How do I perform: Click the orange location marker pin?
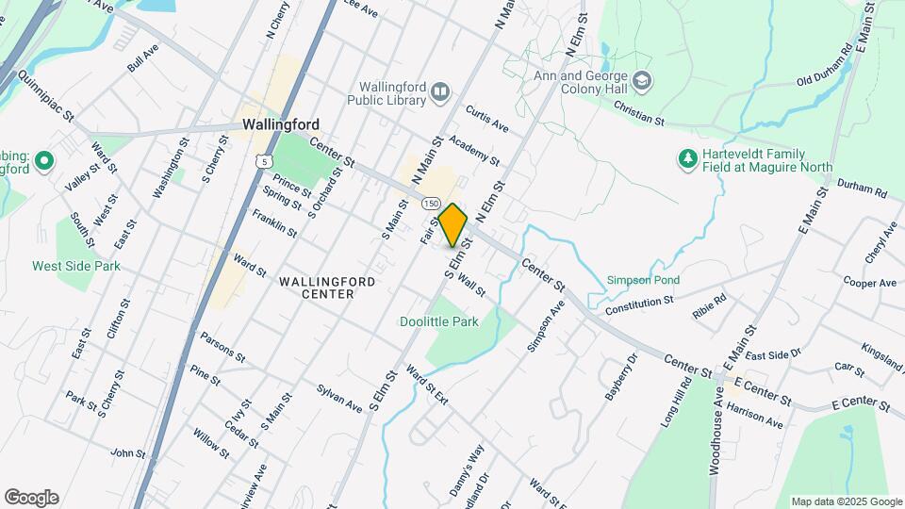(453, 224)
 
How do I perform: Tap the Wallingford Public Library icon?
(440, 90)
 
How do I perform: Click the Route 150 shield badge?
(431, 204)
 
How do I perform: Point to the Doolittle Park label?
(438, 321)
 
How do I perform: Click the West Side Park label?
(76, 266)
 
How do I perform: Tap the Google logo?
(31, 497)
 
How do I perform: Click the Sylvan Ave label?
(339, 398)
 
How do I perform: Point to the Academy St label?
(474, 150)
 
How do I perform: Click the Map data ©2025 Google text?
(846, 501)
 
